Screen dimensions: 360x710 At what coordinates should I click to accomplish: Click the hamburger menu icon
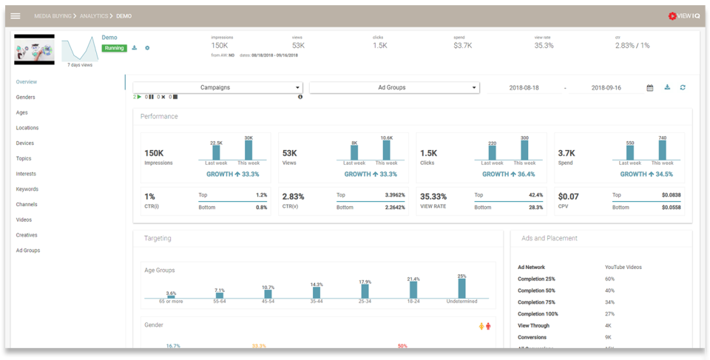(15, 16)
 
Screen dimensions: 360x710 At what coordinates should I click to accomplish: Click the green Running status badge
(114, 48)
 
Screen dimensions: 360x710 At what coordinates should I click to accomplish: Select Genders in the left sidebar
(26, 97)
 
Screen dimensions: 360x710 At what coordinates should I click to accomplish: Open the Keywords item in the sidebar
(27, 189)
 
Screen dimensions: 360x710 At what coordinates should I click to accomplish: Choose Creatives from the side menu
(27, 235)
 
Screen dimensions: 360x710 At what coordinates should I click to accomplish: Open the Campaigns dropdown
(217, 87)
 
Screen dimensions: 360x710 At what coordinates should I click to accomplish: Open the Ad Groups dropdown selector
(394, 87)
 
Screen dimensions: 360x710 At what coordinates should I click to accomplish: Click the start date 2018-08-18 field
(524, 88)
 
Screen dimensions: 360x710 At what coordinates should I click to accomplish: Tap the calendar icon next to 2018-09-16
(650, 88)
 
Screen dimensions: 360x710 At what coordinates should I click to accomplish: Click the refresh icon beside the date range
(683, 87)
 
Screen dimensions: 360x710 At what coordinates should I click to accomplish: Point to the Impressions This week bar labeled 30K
(248, 150)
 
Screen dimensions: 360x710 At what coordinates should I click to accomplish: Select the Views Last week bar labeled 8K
(354, 152)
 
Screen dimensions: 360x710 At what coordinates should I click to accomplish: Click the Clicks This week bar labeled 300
(524, 150)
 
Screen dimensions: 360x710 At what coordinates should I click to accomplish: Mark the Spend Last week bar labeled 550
(630, 152)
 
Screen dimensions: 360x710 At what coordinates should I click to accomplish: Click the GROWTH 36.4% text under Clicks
(508, 174)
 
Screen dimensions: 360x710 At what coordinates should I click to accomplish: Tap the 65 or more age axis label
(171, 302)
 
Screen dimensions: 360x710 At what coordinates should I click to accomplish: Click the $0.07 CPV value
(568, 197)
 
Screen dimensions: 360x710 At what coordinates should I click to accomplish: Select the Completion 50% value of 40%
(609, 291)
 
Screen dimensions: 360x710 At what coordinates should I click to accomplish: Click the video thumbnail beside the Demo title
(34, 50)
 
